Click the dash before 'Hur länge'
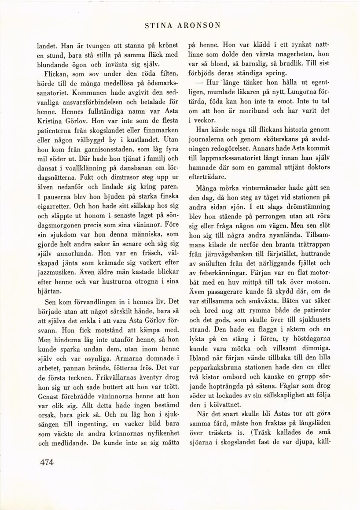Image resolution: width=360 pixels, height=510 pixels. (x=193, y=83)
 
